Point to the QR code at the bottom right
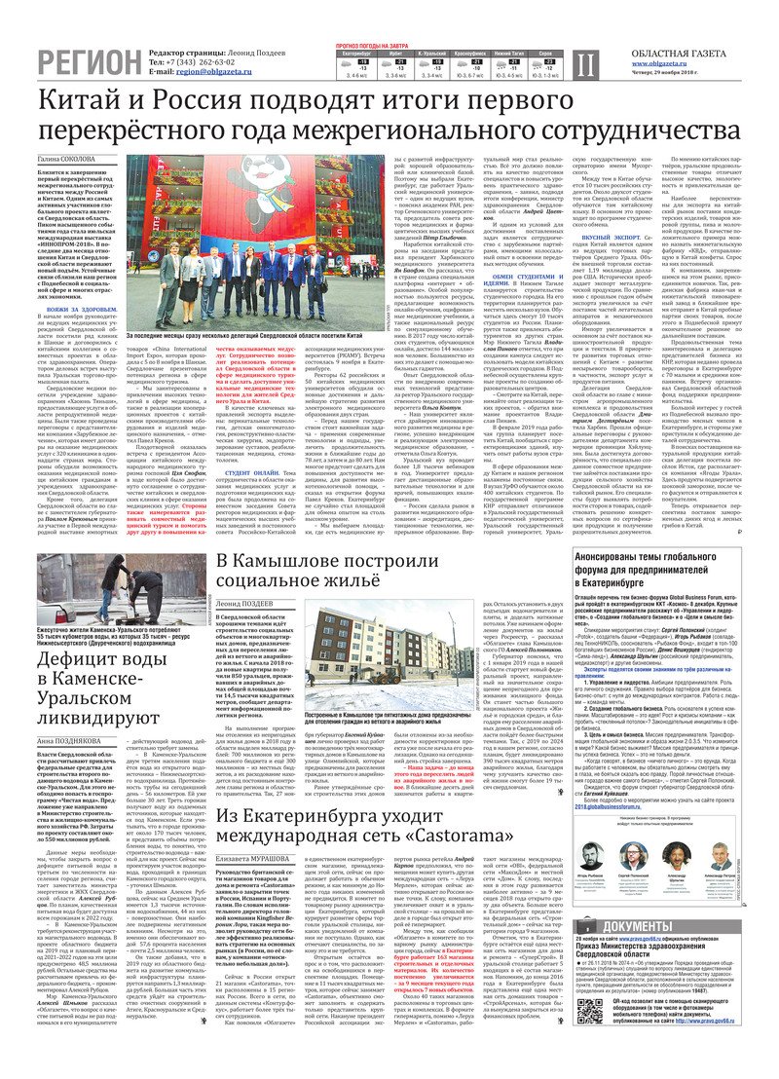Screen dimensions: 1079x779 pyautogui.click(x=595, y=1046)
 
